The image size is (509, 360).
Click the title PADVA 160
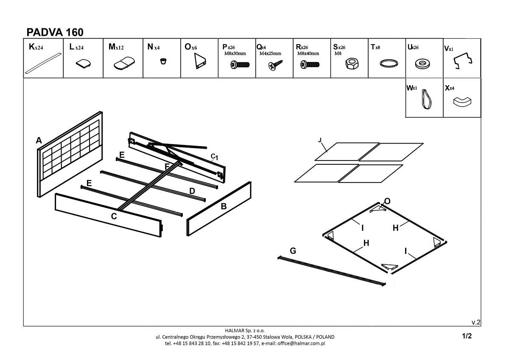(55, 32)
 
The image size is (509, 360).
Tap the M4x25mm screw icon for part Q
(274, 65)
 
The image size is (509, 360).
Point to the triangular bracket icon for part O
(200, 63)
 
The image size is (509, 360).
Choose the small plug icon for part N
(162, 62)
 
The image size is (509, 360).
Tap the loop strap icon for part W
(426, 100)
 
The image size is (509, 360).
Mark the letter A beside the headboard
(39, 141)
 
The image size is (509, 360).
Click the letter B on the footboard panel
(224, 207)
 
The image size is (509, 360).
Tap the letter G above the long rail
(293, 251)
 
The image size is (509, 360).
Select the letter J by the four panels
(320, 140)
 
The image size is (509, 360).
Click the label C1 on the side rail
(214, 157)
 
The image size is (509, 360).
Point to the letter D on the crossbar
(192, 191)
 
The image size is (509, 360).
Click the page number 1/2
(467, 336)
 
